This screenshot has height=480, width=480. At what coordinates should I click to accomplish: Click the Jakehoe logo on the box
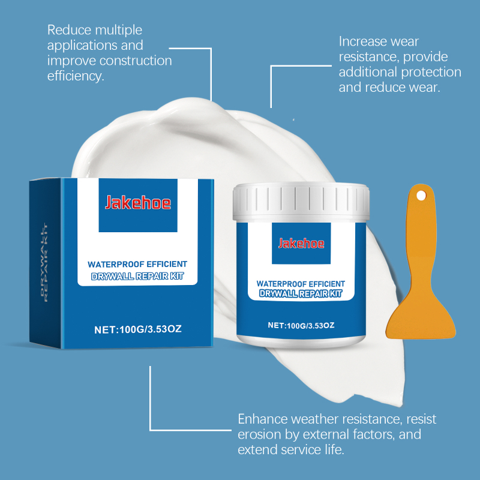point(138,202)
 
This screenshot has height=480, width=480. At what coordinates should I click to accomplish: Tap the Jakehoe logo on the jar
point(301,244)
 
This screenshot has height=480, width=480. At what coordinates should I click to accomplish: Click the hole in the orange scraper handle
point(421,196)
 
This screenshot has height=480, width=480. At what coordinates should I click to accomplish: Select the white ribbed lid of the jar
point(301,202)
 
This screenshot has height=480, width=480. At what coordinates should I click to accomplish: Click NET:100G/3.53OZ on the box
point(138,329)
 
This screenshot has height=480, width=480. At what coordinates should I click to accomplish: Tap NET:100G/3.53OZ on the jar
point(301,325)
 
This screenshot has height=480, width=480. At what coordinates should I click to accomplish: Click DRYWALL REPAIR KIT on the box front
point(137,277)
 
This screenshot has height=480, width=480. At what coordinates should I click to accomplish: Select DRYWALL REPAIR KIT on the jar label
point(301,293)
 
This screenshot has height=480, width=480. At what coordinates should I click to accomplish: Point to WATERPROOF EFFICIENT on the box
point(137,264)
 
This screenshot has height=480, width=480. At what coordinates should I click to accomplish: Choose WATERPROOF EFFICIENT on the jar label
point(301,284)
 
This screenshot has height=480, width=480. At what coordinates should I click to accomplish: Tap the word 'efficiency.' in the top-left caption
point(76,76)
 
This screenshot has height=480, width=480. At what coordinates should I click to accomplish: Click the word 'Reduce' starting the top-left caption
point(69,30)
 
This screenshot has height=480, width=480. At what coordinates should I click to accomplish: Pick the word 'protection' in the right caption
point(431,72)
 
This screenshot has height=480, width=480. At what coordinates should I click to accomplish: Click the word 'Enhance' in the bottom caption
point(263,419)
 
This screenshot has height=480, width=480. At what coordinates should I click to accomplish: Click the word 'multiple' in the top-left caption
point(118,31)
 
